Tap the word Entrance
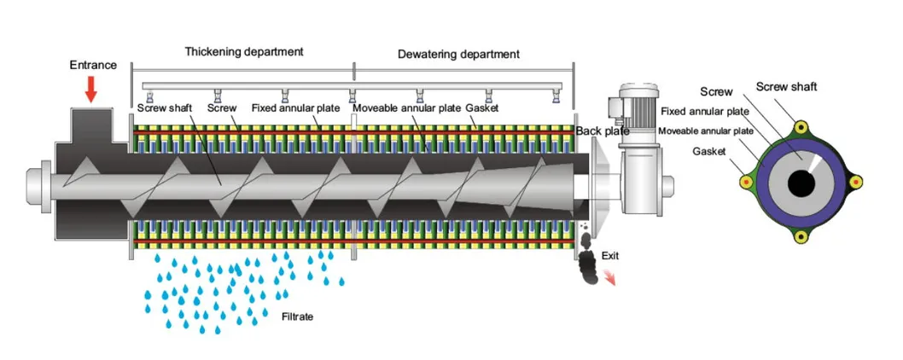coord(92,66)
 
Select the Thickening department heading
coord(243,51)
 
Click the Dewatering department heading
coord(458,55)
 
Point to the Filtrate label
coord(298,316)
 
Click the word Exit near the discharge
coord(611,255)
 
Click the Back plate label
coord(603,131)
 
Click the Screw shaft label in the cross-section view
coord(786,86)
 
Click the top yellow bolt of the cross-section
coord(801,127)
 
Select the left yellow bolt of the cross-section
coord(746,182)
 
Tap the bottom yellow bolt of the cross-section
coord(801,236)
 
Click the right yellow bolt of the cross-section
coord(855,182)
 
